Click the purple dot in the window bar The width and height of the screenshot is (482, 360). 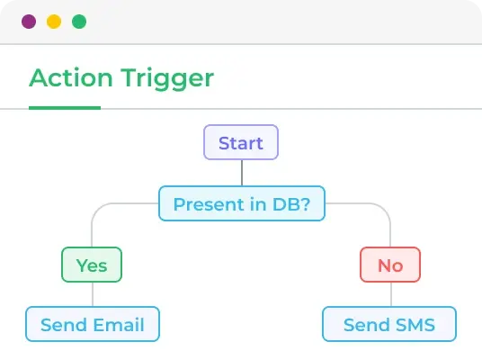point(29,22)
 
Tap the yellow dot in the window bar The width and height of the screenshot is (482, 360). point(54,22)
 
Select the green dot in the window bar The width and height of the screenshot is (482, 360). point(79,22)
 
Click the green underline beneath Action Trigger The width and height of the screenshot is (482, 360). point(65,107)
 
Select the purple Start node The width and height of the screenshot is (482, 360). point(241,143)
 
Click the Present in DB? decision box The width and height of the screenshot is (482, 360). point(241,203)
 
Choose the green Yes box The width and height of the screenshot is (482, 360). point(91,265)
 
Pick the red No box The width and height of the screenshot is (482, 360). point(390,265)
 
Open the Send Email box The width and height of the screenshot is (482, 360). point(93,324)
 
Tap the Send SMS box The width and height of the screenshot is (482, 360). point(389,324)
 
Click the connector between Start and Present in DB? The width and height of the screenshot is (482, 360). point(241,173)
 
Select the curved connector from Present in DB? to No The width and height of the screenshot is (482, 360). point(381,209)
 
